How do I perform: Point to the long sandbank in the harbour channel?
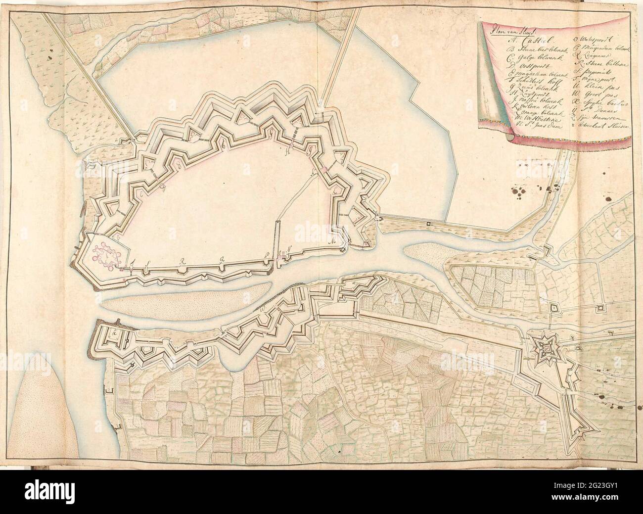click(188, 296)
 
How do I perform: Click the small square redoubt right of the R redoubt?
click(600, 308)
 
